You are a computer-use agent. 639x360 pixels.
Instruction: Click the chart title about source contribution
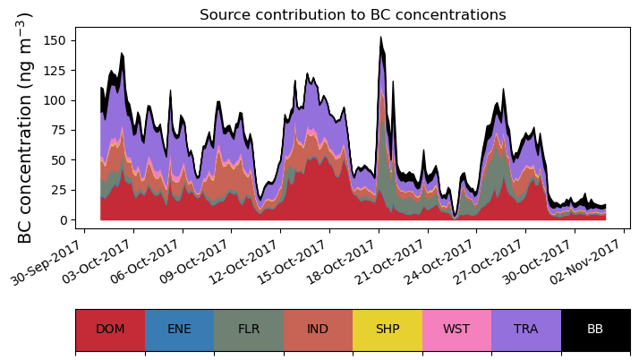353,15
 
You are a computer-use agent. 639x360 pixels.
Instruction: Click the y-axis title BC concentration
25,127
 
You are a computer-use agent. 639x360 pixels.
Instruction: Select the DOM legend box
110,329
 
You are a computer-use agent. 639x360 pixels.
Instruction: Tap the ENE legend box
179,329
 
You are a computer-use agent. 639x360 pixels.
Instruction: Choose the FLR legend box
249,329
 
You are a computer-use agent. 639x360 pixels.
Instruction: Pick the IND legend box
318,329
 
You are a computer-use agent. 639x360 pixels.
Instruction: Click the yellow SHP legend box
388,329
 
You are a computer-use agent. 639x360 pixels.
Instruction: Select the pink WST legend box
456,329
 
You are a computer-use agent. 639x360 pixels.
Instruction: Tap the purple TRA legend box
526,329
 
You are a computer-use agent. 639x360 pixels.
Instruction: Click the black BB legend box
595,329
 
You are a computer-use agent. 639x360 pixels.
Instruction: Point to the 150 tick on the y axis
55,40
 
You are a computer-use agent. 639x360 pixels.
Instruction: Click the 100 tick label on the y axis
55,100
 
